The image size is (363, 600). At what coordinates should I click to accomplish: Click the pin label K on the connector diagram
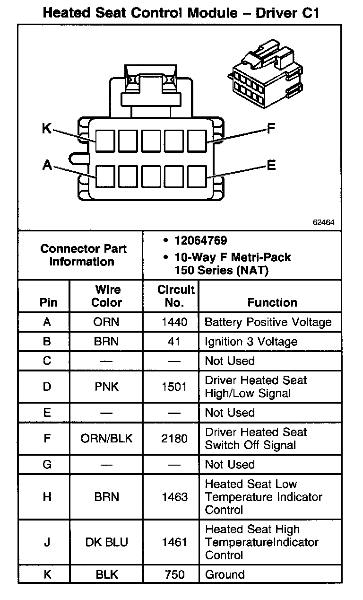47,129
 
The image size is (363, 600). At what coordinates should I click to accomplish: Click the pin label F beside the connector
271,129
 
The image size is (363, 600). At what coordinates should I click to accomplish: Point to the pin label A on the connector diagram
47,165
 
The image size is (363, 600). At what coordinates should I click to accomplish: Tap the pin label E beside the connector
271,165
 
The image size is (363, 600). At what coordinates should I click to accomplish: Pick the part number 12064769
200,241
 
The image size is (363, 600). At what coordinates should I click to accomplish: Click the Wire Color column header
106,296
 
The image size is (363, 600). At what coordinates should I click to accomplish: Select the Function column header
272,302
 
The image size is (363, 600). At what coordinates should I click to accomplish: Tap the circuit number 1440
174,322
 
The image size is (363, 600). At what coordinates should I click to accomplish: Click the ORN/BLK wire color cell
106,439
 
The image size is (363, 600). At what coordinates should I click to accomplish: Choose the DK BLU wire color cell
106,542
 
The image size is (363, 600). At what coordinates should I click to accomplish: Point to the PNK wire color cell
106,387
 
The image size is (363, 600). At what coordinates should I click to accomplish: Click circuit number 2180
174,439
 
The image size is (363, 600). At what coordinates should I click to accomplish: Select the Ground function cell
225,574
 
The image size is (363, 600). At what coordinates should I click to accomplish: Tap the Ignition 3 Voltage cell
251,342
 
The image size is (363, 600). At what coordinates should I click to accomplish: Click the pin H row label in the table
47,497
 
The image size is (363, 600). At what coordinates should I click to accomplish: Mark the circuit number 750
174,574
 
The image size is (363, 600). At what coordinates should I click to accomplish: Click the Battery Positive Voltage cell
268,322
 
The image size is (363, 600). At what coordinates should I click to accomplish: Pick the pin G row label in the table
47,464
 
